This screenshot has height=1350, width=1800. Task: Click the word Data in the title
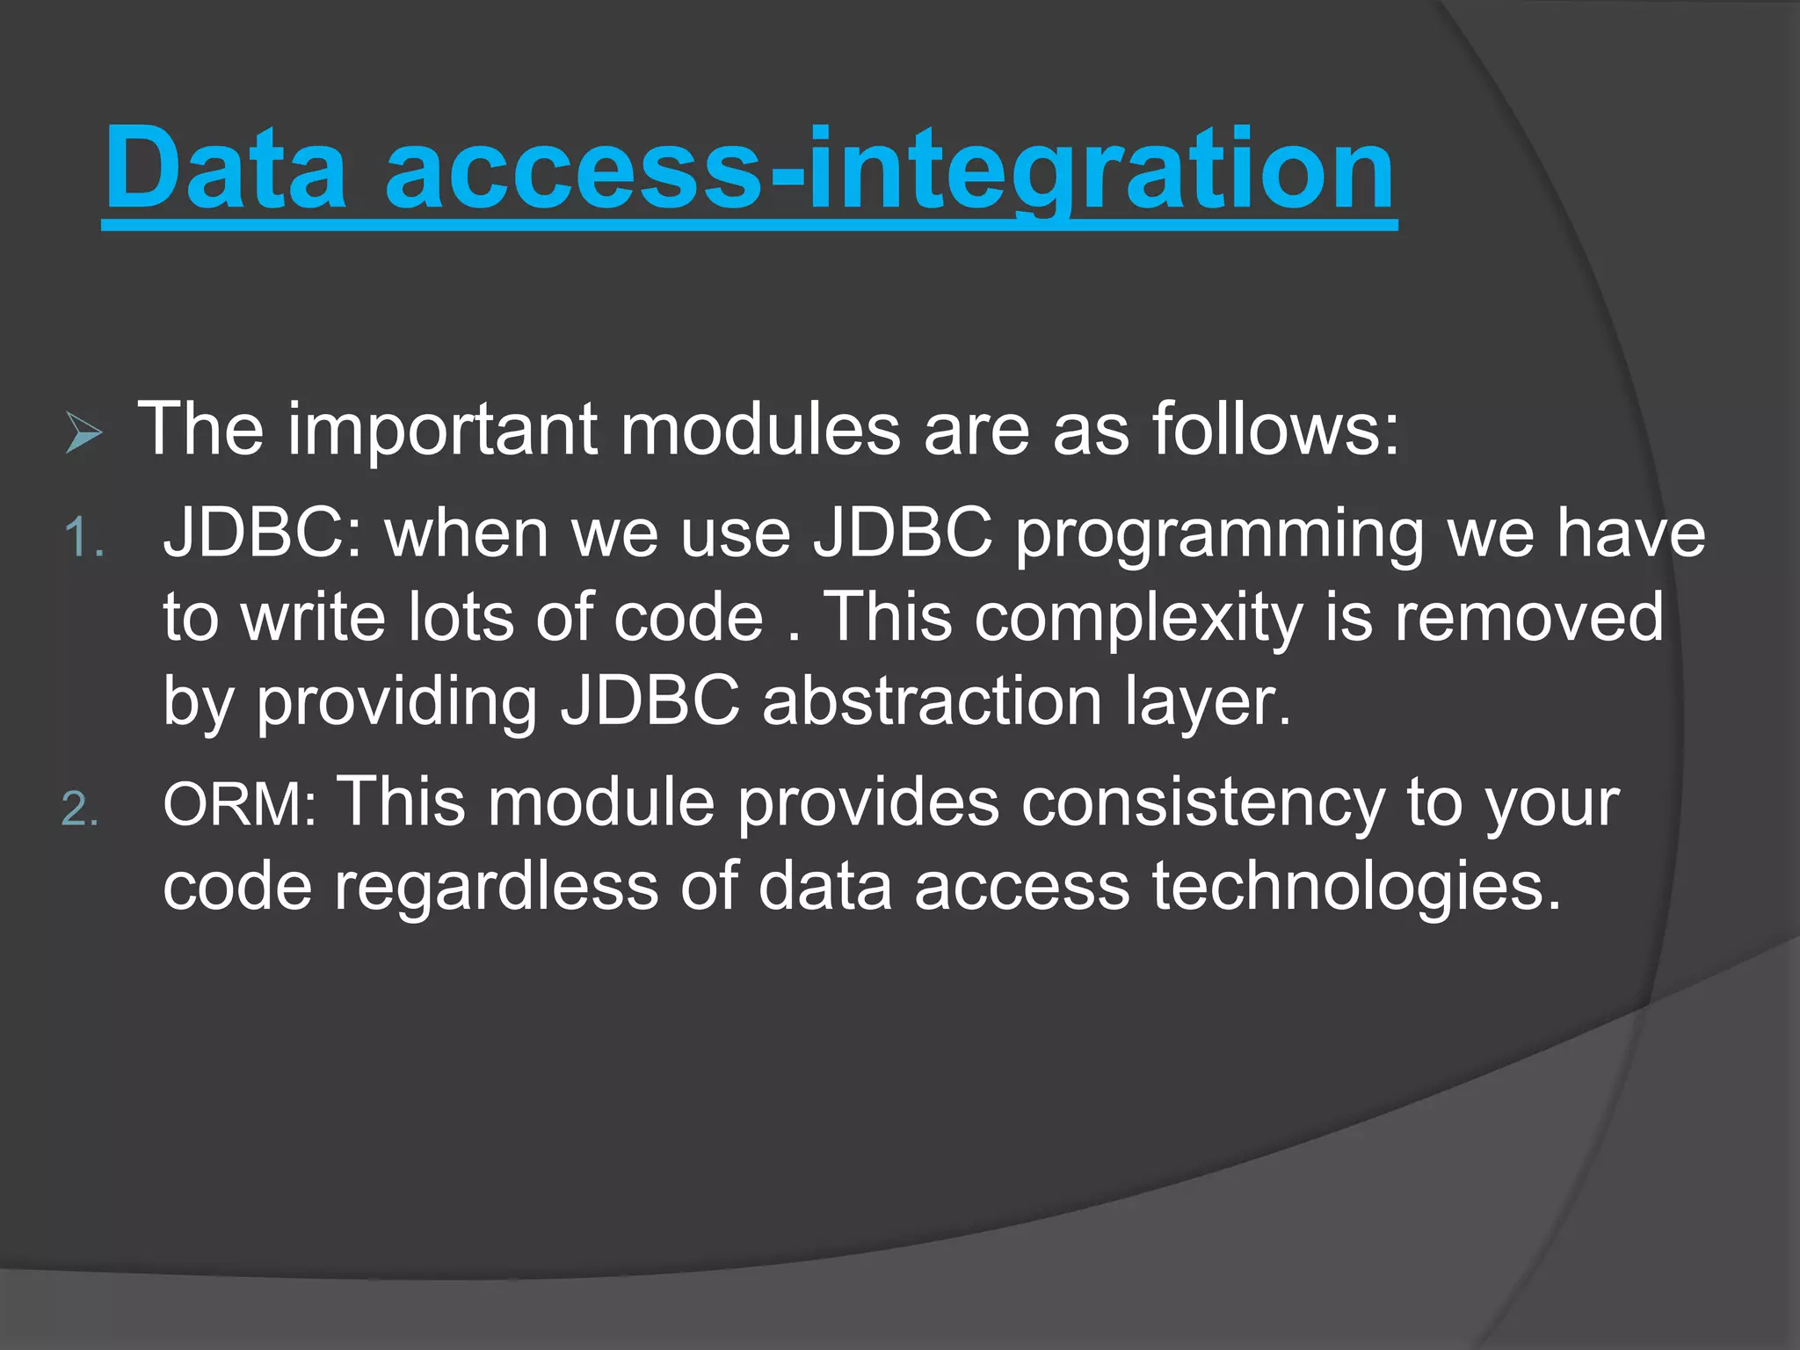[226, 169]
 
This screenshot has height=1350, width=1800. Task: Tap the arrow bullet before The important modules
[83, 434]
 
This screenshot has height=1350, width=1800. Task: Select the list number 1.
[84, 537]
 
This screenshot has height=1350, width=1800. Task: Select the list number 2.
[80, 809]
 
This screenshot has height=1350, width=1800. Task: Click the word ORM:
[239, 804]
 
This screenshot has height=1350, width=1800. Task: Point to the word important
[443, 431]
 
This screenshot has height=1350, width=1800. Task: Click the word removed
[1529, 618]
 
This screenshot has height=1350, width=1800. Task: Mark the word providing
[396, 703]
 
